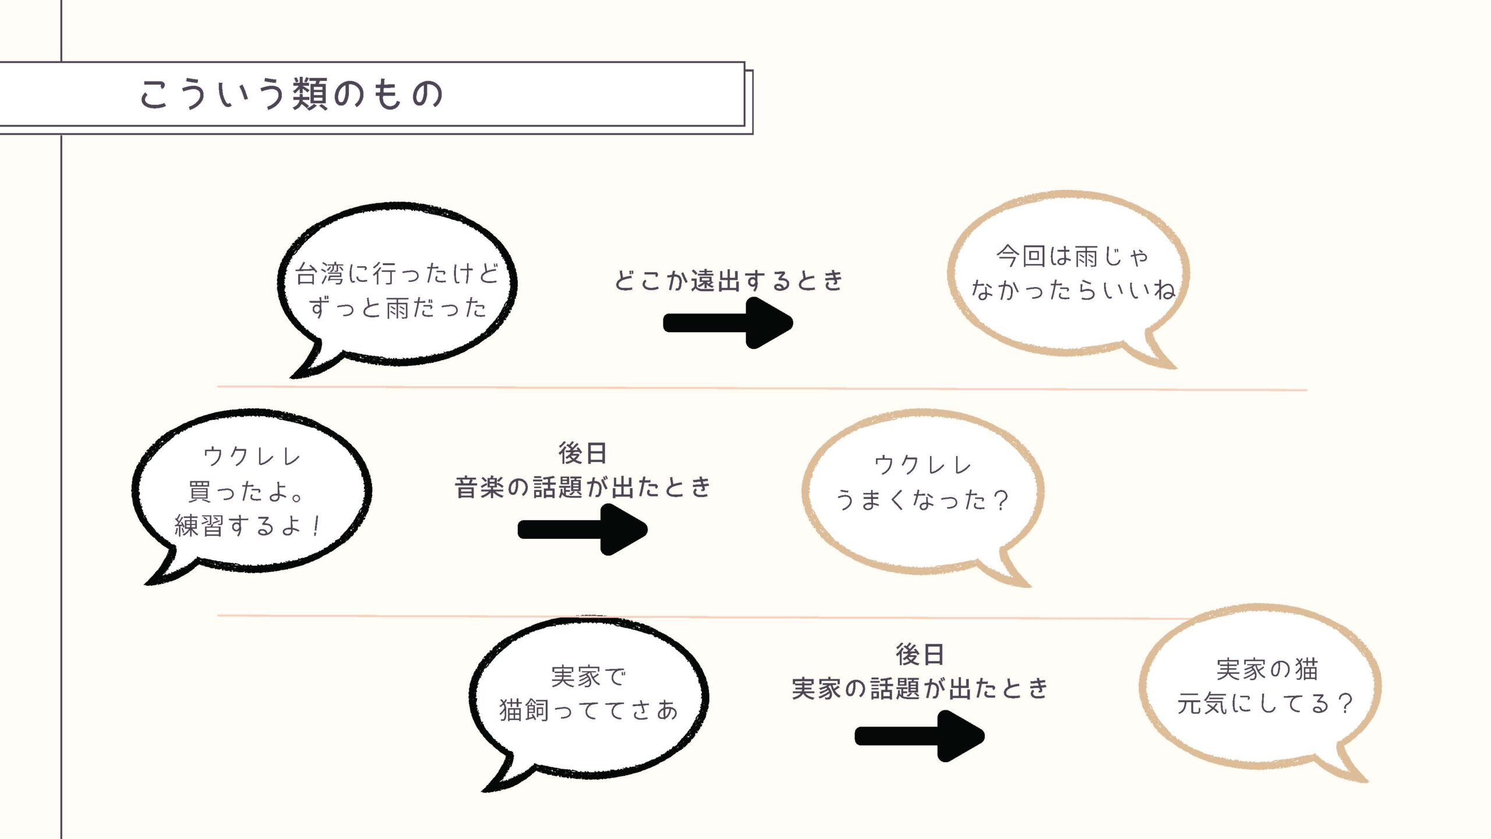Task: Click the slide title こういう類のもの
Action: tap(291, 94)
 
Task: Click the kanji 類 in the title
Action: tap(310, 94)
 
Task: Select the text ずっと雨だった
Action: tap(397, 308)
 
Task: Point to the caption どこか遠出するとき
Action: tap(729, 281)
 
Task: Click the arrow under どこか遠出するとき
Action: tap(729, 323)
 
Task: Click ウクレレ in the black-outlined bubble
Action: tap(252, 456)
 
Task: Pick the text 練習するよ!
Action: tap(248, 526)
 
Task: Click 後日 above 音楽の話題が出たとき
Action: tap(582, 453)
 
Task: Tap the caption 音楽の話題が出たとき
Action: tap(582, 487)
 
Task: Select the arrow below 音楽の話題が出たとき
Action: tap(582, 530)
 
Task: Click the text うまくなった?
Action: tap(922, 500)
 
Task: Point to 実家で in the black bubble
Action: tap(588, 676)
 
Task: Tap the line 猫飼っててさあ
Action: tap(588, 710)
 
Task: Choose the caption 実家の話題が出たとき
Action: tap(920, 689)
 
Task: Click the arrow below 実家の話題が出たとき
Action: tap(920, 736)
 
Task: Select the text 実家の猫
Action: tap(1267, 669)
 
